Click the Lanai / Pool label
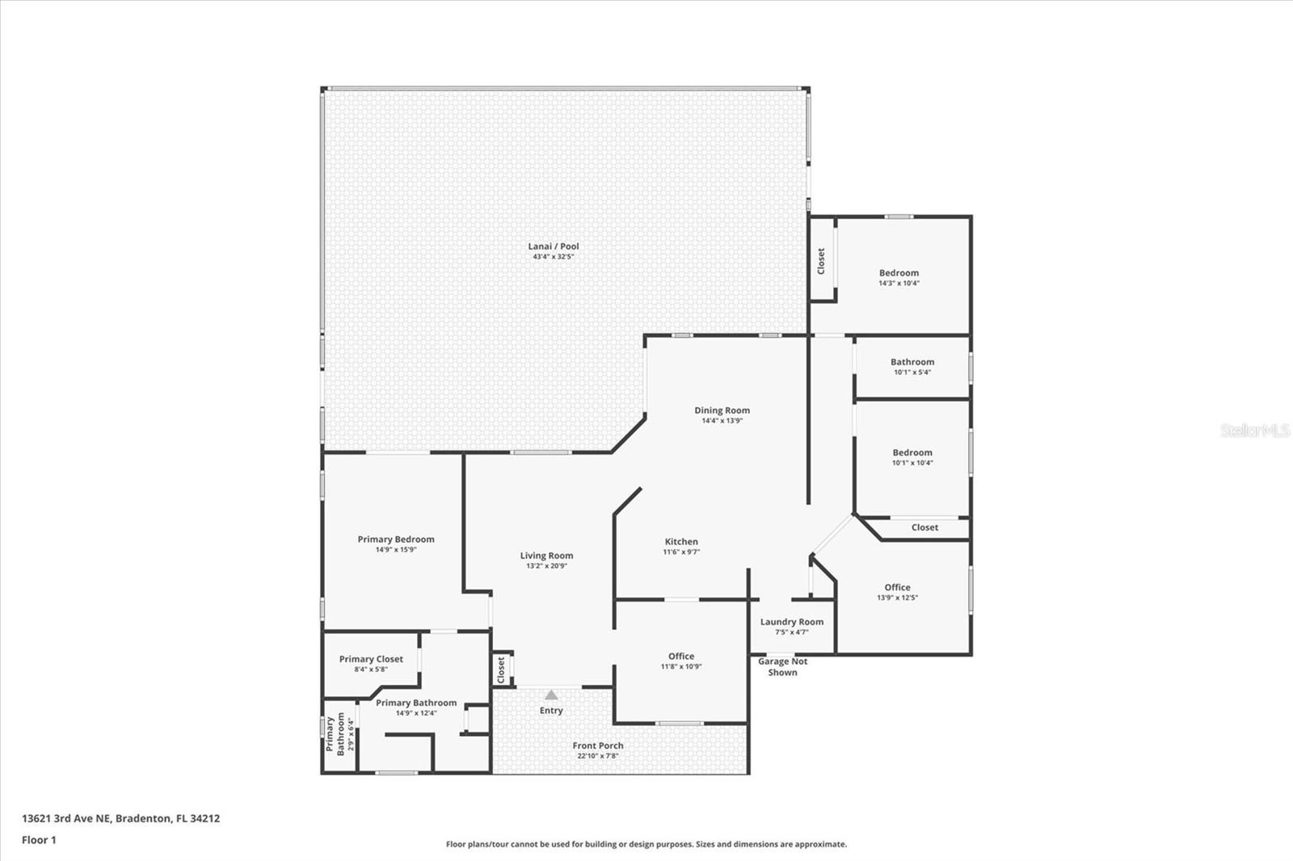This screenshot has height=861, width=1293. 553,246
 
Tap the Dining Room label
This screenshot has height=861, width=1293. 722,410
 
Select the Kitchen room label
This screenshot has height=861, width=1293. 681,541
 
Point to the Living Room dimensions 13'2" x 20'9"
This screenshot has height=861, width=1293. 546,566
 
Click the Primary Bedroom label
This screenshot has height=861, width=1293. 396,539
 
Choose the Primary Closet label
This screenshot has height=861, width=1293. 371,659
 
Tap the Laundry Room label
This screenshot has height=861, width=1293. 791,622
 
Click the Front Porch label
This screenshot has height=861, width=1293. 598,745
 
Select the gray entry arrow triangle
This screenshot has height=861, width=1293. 551,695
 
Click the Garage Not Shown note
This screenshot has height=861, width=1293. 783,667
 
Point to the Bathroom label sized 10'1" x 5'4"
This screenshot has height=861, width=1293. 912,362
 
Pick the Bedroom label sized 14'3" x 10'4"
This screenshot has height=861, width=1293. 899,273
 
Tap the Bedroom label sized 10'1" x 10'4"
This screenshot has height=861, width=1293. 912,452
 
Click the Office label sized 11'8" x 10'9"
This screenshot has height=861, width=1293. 681,656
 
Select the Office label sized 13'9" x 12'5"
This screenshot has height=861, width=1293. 897,587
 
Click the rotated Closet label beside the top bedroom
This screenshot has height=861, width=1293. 821,261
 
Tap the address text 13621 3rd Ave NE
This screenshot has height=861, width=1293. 67,818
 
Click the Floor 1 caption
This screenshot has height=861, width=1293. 40,840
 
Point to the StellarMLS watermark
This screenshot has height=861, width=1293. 1255,430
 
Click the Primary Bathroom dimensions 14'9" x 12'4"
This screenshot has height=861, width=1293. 416,713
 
